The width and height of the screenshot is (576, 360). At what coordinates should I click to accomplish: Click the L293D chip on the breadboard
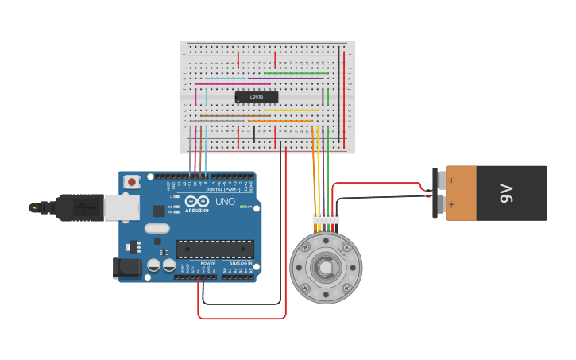[257, 97]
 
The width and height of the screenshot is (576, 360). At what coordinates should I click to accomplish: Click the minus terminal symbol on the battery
[452, 180]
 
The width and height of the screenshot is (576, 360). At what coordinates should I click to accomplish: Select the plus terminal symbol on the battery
[452, 205]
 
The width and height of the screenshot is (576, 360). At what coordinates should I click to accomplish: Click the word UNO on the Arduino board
[226, 202]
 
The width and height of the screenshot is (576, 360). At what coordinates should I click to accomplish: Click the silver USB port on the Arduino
[122, 207]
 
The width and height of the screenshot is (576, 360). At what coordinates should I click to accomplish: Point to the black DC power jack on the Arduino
[127, 268]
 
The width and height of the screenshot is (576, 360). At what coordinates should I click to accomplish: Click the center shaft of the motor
[326, 268]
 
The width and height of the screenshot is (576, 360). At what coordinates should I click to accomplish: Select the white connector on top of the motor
[326, 219]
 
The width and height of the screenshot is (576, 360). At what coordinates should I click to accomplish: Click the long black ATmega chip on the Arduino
[215, 249]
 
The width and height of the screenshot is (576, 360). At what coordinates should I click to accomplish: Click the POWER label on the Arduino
[207, 263]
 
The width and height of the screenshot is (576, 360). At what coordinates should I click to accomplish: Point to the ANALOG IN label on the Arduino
[240, 263]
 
